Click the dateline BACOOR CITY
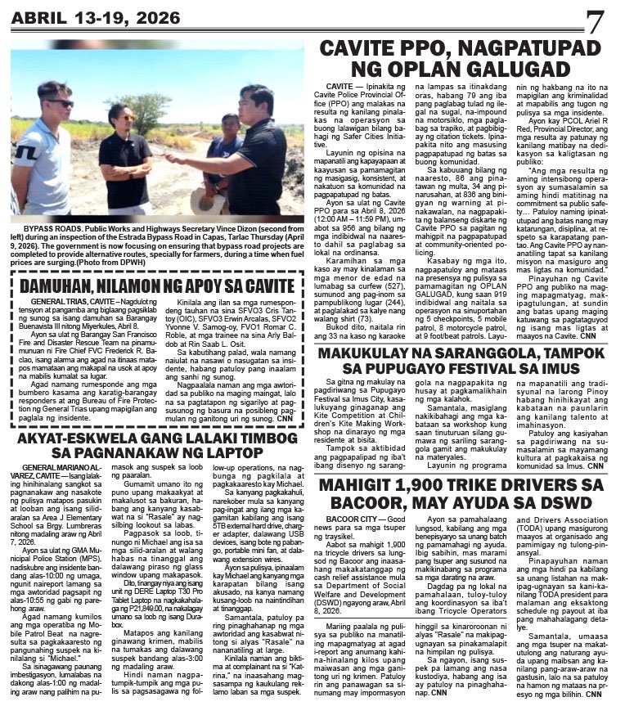tap(354, 520)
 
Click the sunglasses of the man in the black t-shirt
tap(128, 118)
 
